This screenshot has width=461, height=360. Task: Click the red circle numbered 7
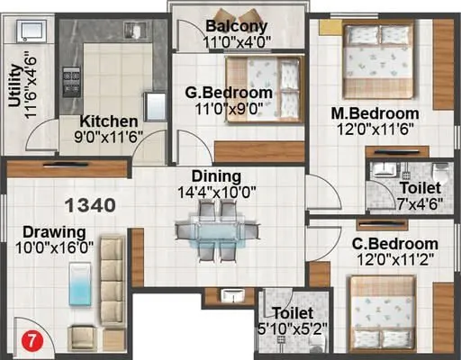(x=30, y=341)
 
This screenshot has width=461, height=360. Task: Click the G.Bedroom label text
(x=229, y=93)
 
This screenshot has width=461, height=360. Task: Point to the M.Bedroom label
(x=375, y=113)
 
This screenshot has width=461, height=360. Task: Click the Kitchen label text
(x=109, y=121)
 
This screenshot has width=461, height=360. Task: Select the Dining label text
(x=215, y=176)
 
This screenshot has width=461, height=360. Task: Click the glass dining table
(x=217, y=229)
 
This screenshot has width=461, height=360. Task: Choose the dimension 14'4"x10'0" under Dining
(x=217, y=192)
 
